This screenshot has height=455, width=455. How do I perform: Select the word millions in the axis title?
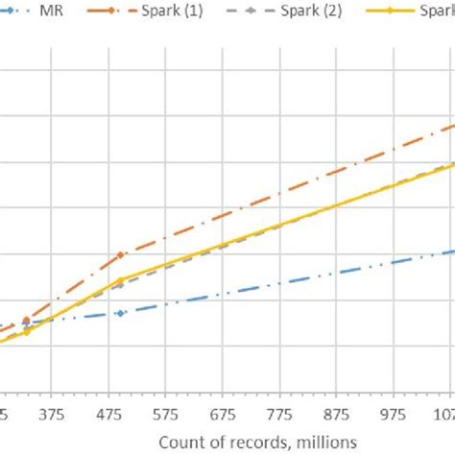click(323, 439)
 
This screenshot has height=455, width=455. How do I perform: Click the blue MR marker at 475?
click(120, 313)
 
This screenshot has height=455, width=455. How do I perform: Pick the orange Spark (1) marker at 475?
click(120, 254)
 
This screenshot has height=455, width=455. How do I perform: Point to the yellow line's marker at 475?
click(120, 280)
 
